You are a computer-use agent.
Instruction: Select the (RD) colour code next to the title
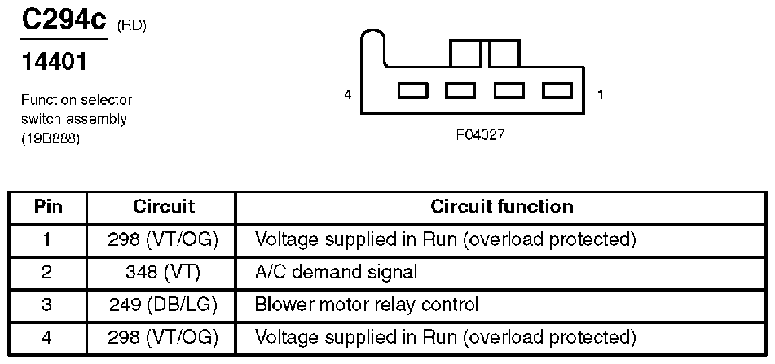pos(132,27)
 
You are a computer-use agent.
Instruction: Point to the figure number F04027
pos(480,135)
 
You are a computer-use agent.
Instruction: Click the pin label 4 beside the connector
pos(348,95)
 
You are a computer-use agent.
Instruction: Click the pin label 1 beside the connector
pos(600,95)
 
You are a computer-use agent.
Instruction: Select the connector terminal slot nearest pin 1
pos(557,90)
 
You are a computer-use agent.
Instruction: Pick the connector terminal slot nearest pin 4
pos(412,90)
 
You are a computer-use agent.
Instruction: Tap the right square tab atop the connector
pos(504,54)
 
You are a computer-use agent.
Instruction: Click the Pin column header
pos(48,207)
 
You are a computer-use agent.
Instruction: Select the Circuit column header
pos(164,207)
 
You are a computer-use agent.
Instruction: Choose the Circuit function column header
pos(501,207)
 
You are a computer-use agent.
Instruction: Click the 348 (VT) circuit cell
pos(164,272)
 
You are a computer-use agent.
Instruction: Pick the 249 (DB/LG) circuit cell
pos(164,305)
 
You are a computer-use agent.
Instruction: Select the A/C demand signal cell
pos(336,272)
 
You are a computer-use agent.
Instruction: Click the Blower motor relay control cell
pos(367,305)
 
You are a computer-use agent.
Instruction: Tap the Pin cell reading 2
pos(48,272)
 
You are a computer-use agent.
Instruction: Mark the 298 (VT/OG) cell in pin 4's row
pos(164,336)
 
